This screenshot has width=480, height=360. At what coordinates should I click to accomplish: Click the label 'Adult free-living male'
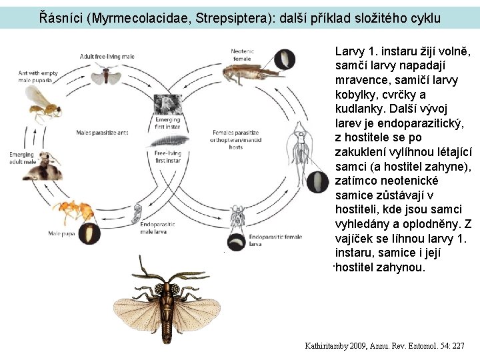click(107, 56)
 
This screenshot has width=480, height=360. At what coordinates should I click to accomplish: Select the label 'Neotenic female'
click(241, 55)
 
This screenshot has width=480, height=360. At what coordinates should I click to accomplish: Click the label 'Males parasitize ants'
click(102, 132)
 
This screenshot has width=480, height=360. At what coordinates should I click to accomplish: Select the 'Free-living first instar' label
click(168, 157)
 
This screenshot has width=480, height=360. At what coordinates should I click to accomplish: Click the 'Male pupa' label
click(59, 233)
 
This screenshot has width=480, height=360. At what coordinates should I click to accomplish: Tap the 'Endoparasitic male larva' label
click(157, 228)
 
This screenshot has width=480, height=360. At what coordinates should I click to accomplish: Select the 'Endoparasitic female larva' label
click(275, 240)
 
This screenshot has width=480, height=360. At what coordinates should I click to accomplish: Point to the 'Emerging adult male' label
click(21, 159)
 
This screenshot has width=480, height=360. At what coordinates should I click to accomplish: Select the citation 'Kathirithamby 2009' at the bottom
click(341, 346)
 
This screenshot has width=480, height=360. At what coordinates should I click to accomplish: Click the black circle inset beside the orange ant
click(90, 234)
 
